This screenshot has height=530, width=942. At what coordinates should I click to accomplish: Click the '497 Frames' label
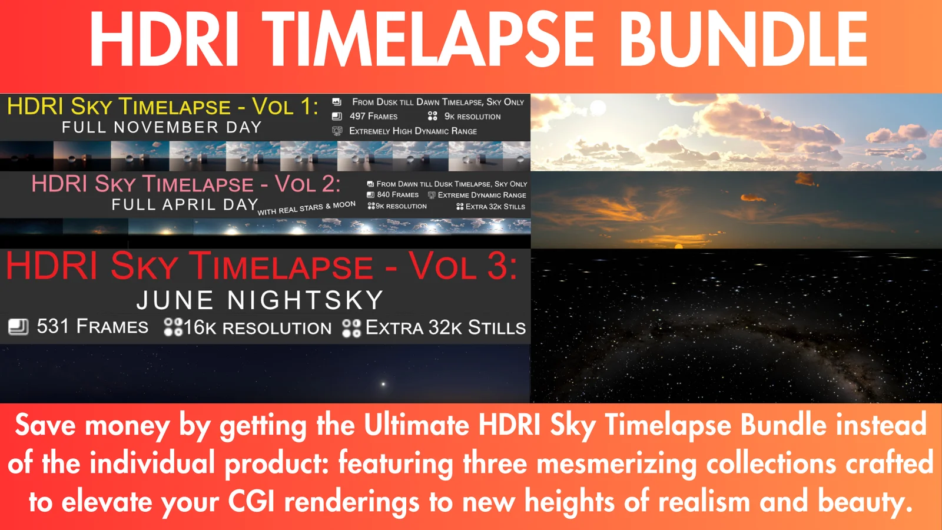pyautogui.click(x=373, y=116)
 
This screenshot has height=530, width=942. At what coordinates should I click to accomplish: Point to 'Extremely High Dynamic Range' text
pyautogui.click(x=413, y=131)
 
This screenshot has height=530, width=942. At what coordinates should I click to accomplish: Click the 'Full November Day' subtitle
pyautogui.click(x=162, y=127)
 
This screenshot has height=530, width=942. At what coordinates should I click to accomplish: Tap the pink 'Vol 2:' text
pyautogui.click(x=307, y=184)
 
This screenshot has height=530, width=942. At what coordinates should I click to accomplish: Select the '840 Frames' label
pyautogui.click(x=397, y=195)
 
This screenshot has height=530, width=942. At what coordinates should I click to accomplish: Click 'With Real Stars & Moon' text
pyautogui.click(x=307, y=208)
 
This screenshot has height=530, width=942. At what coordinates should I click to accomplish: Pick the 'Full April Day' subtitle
pyautogui.click(x=185, y=204)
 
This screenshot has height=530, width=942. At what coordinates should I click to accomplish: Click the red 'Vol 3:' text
pyautogui.click(x=463, y=266)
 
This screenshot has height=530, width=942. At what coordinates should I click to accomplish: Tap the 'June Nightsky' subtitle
pyautogui.click(x=260, y=300)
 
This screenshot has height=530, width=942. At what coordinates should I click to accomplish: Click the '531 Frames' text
pyautogui.click(x=92, y=326)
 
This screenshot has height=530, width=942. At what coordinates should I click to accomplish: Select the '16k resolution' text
pyautogui.click(x=257, y=327)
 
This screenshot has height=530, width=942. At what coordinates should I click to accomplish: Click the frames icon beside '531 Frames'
pyautogui.click(x=18, y=327)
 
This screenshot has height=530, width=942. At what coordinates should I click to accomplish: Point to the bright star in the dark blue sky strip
pyautogui.click(x=383, y=384)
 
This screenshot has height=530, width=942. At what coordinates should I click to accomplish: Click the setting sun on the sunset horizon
pyautogui.click(x=678, y=247)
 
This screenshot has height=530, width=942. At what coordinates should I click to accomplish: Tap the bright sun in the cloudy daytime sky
pyautogui.click(x=598, y=108)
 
